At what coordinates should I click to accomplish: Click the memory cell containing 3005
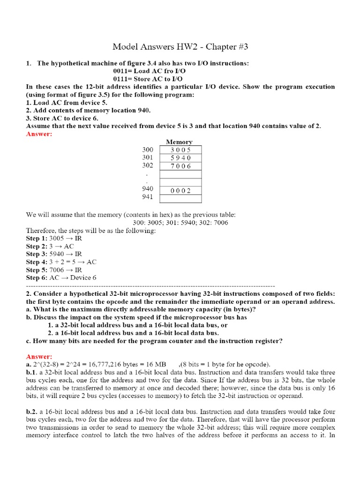coord(180,150)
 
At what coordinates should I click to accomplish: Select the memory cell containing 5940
coord(180,158)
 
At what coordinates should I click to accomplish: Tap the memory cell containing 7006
coord(180,166)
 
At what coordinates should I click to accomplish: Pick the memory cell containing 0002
coord(180,191)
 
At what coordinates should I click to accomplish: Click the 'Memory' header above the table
coord(179,142)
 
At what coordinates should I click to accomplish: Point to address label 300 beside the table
coord(148,150)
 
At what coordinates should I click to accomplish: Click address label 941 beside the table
coord(148,197)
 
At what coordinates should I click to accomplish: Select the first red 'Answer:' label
coord(39,134)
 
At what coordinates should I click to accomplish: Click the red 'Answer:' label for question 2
coord(39,357)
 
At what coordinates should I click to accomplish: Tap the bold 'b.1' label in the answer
coord(31,372)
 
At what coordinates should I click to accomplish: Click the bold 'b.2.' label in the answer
coord(32,412)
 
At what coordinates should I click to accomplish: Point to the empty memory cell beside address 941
coord(180,199)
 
